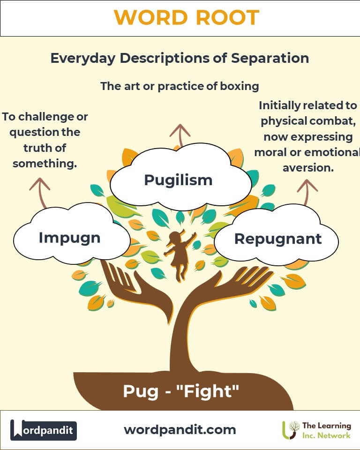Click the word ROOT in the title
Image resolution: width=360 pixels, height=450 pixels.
coord(228,17)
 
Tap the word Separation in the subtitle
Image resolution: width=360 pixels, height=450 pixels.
coord(270,58)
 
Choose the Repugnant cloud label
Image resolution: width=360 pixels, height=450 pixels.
coord(278,239)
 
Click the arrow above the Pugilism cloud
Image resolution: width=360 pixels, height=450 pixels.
coord(180,135)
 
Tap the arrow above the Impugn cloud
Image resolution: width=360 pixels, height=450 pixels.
coord(40,192)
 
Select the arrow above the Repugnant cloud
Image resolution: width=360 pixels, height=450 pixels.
coord(307,192)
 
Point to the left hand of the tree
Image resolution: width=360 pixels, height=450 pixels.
coord(135,290)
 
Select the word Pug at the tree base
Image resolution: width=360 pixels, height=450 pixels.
coord(141,392)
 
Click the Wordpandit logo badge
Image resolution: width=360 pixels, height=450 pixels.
coord(43,430)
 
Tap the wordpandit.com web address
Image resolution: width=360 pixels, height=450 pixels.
coord(180,430)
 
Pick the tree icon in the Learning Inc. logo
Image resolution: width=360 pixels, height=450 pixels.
coord(291,430)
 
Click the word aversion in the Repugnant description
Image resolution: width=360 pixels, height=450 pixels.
coord(308,168)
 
